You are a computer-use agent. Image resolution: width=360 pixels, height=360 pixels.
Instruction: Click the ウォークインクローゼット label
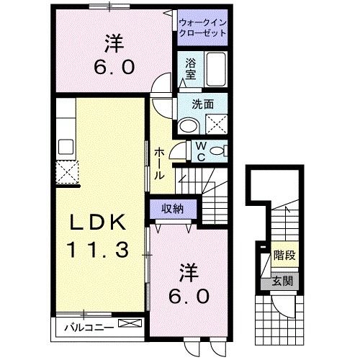[202, 28]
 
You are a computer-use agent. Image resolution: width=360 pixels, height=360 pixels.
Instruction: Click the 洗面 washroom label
[202, 104]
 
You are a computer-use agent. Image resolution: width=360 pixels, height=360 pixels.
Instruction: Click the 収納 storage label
[171, 209]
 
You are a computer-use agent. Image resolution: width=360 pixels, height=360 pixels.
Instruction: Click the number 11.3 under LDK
[99, 250]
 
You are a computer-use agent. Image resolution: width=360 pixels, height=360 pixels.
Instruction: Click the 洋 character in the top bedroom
[114, 44]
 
